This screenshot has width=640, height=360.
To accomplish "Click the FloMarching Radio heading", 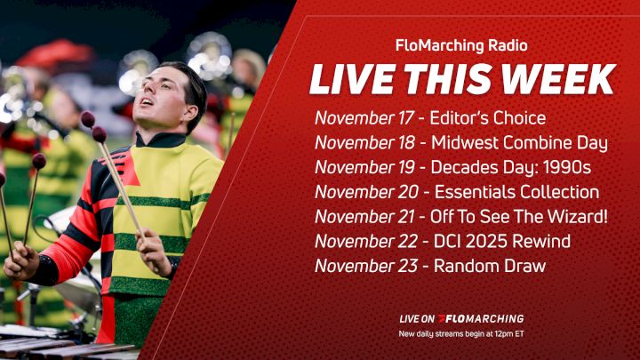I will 460,44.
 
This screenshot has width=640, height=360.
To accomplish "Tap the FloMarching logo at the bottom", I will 484,318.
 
